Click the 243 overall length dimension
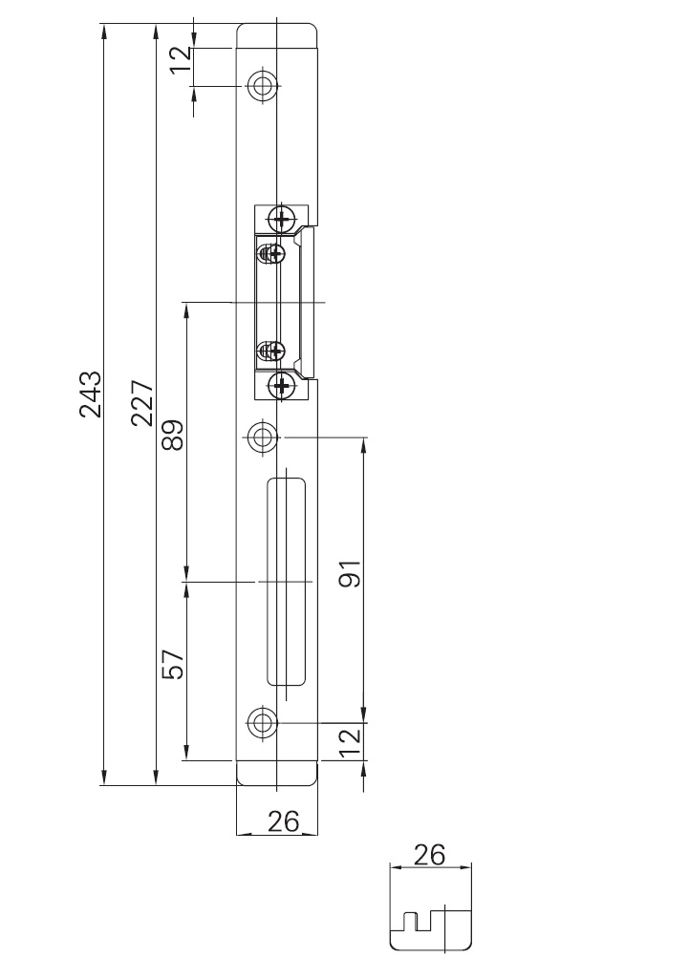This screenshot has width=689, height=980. pos(90,393)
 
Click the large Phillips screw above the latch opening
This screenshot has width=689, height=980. pos(281,219)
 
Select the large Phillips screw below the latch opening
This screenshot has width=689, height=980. pos(281,386)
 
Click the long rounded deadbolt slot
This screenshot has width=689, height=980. pos(285,581)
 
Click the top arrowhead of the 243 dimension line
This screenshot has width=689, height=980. pos(103,32)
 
